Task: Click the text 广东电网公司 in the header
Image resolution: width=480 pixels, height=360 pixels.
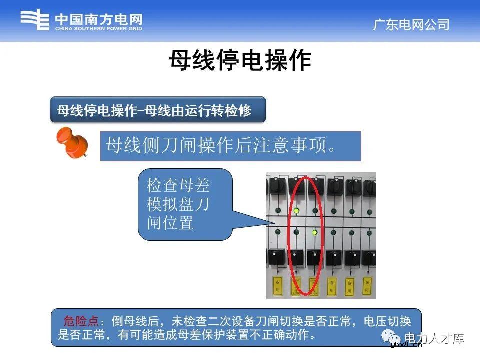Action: tap(411, 25)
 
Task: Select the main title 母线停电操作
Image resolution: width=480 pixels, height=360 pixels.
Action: tap(240, 61)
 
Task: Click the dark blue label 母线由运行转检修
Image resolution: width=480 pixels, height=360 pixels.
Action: tap(157, 110)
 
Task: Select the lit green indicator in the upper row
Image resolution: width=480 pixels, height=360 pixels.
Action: tap(297, 211)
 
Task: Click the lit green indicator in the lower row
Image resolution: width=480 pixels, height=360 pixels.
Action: tap(314, 232)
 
